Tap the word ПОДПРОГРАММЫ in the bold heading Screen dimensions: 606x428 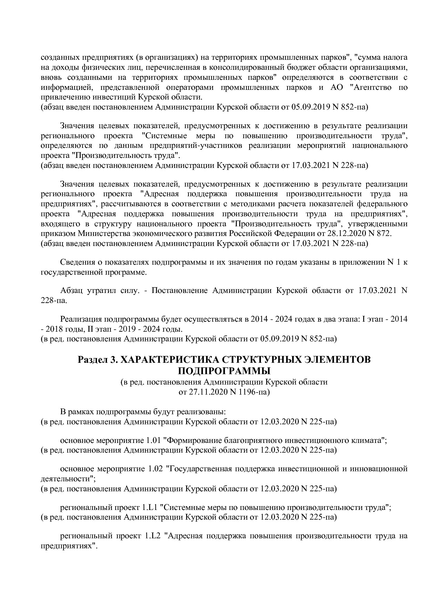[224, 371]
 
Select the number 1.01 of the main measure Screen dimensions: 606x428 [154, 441]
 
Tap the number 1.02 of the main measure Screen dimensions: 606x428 [155, 469]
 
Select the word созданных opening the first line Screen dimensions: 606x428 [57, 57]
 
